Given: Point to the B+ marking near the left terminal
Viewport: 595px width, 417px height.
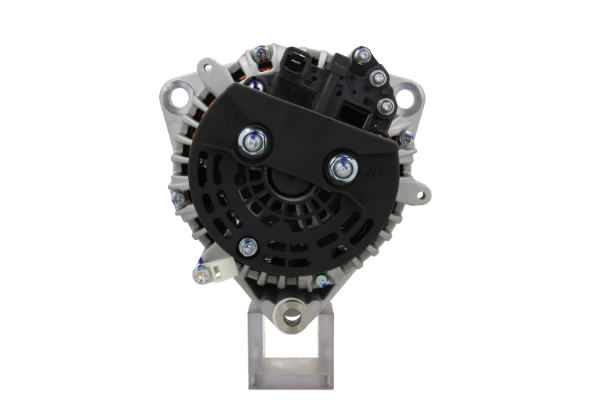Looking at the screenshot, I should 231,119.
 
